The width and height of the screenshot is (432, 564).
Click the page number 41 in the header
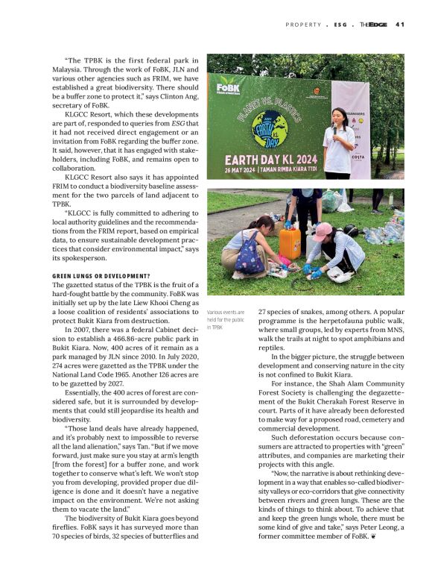(399, 25)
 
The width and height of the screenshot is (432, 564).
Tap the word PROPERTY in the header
(305, 25)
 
